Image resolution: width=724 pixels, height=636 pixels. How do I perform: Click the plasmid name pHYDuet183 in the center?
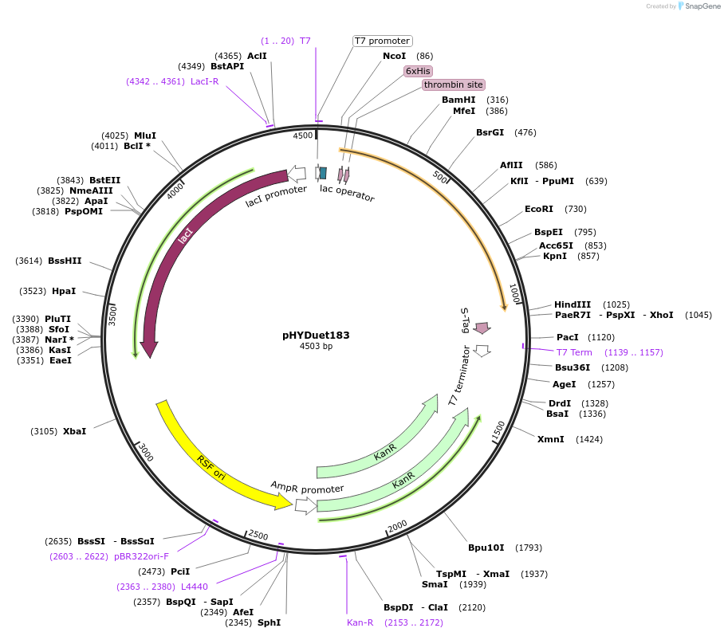coord(316,336)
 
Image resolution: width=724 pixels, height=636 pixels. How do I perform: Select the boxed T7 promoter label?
coord(382,41)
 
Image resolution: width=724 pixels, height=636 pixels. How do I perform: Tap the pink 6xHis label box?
coord(418,71)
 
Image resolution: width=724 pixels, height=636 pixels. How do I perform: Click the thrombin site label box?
coord(454,84)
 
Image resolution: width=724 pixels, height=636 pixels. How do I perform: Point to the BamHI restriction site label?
coord(458,100)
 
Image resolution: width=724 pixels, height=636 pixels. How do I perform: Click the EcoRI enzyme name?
coord(539,209)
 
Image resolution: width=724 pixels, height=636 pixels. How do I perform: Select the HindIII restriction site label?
coord(573,304)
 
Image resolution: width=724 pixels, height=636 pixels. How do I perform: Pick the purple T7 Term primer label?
coord(574,352)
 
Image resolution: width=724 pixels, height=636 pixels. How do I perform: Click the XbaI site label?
coord(74,431)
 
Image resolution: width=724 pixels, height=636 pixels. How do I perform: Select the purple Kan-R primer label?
coord(360,622)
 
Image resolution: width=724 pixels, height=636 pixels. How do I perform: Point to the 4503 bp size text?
coord(316,347)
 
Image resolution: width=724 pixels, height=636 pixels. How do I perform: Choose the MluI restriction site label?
coord(145,135)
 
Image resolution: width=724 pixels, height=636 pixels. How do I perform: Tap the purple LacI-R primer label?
coord(205,81)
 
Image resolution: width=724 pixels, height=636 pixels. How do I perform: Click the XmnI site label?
coord(550,439)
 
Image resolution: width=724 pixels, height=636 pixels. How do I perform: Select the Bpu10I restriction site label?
coord(486,548)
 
